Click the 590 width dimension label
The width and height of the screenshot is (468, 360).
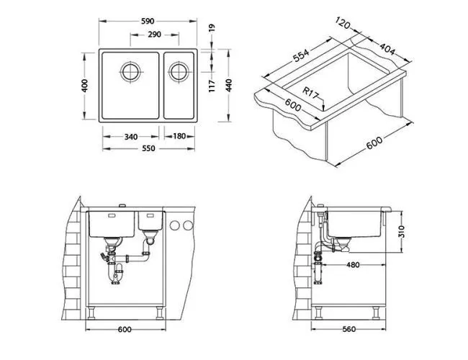tap(148, 21)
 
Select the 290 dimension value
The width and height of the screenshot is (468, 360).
tap(155, 35)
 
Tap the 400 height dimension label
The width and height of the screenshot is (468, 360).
tap(85, 86)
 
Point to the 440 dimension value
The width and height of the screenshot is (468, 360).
tap(229, 86)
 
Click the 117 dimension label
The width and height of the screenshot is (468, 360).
tap(212, 86)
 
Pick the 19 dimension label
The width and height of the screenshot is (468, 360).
tap(212, 28)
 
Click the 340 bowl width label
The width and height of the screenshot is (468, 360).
tap(131, 137)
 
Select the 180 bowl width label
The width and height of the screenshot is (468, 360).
tap(179, 136)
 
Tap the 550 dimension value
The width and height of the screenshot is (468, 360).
tap(148, 148)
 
